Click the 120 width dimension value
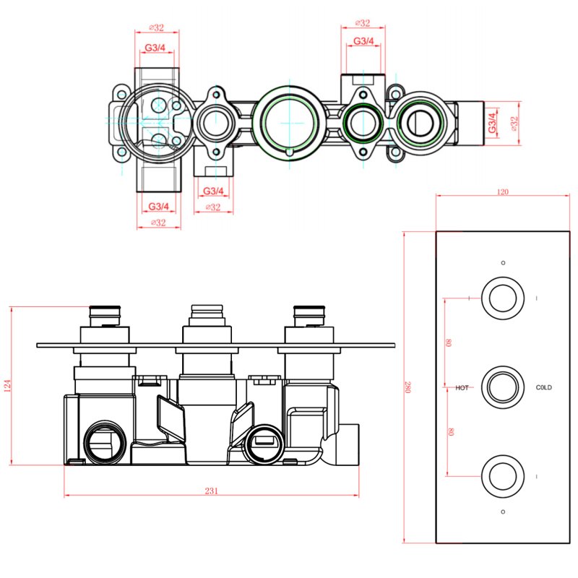(x=503, y=192)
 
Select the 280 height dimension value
(x=407, y=387)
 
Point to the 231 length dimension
(x=211, y=491)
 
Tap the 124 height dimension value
(x=8, y=386)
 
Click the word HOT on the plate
(x=462, y=388)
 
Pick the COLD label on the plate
(x=543, y=388)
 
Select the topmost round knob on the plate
(x=503, y=298)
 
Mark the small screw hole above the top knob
(x=503, y=262)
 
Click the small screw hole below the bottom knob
(x=503, y=512)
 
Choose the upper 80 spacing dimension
(x=449, y=342)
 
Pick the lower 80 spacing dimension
(x=449, y=432)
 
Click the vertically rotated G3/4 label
(x=492, y=123)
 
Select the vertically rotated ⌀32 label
(x=515, y=123)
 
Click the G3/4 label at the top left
(x=155, y=48)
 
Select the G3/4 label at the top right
(x=363, y=41)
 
